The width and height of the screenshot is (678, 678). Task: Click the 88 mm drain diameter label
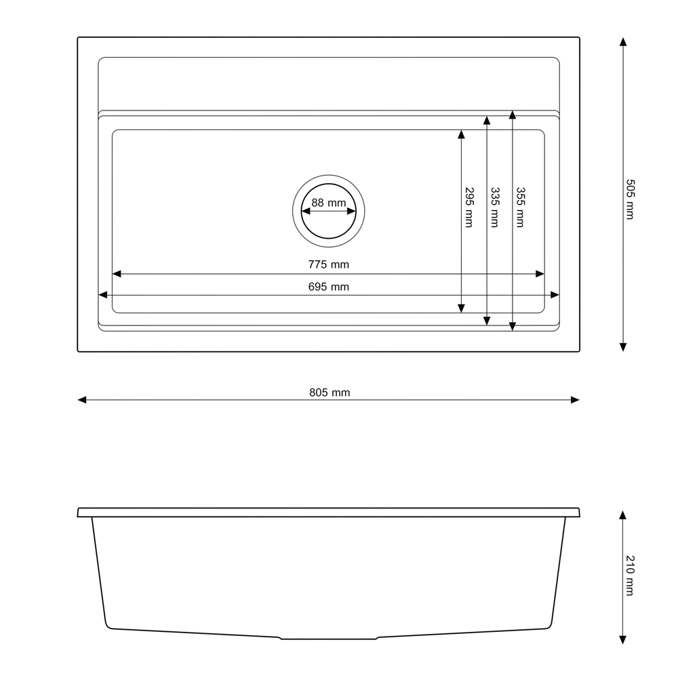329,203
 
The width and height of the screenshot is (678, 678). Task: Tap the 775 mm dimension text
329,264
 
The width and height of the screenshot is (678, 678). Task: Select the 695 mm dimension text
329,287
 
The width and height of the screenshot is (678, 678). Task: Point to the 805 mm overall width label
330,393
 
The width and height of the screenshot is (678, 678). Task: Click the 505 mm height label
630,199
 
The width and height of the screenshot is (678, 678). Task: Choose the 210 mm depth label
630,576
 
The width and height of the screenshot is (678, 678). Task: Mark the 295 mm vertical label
469,207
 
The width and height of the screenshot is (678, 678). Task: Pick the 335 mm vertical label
495,207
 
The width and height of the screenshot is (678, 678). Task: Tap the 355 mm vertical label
520,207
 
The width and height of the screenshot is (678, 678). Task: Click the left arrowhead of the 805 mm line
82,400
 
